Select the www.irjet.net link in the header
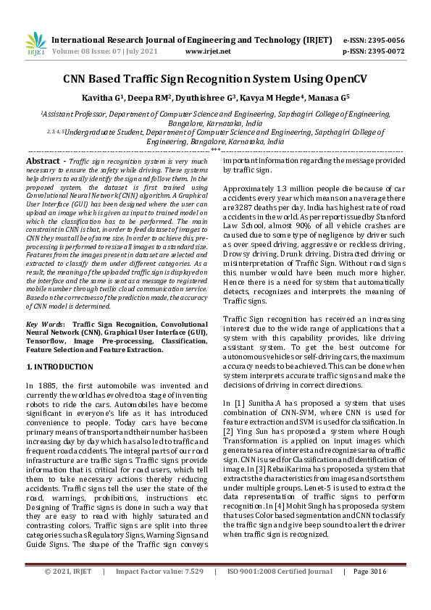pyautogui.click(x=208, y=51)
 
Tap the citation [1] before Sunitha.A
pyautogui.click(x=239, y=401)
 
